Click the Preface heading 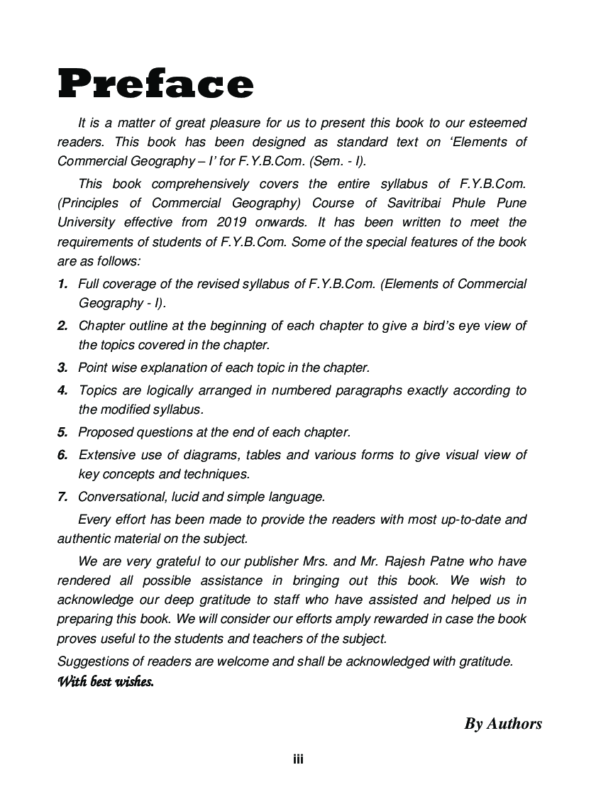155,84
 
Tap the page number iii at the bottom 299,759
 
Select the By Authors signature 503,724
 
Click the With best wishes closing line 105,683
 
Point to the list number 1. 62,284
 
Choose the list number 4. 62,390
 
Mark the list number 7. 62,497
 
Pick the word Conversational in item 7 118,497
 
